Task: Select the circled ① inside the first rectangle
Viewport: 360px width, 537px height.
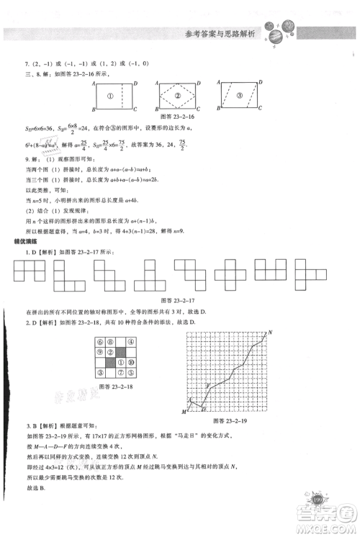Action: point(111,96)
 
